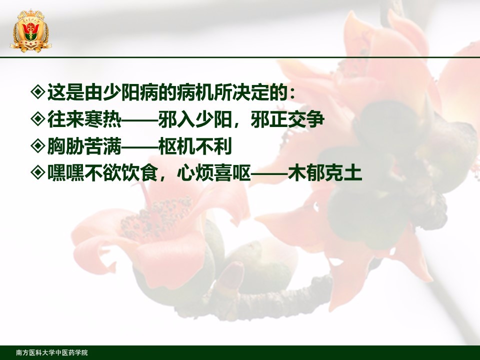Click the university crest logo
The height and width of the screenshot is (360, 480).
(x=30, y=30)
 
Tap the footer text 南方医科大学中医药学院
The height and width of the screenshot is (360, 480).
(x=52, y=352)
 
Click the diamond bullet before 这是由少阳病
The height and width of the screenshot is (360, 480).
(x=38, y=91)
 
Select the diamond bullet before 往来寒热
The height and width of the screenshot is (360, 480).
(x=38, y=118)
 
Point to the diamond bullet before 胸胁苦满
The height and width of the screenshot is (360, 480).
(x=38, y=145)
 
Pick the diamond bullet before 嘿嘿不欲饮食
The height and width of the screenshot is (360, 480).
(x=38, y=172)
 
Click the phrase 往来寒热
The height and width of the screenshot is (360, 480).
(x=84, y=119)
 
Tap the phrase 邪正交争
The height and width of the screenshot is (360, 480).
(x=287, y=119)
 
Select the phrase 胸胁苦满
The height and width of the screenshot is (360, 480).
(x=84, y=146)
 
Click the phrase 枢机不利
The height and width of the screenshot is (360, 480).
(x=195, y=146)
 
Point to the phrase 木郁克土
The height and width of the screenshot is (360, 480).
(x=324, y=173)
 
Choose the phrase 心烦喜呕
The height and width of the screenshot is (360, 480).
(x=213, y=173)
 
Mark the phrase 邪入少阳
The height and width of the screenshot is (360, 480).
(x=195, y=119)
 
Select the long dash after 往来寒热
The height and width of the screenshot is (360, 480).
(x=140, y=120)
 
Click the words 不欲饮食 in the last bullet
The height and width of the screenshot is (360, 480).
(x=121, y=173)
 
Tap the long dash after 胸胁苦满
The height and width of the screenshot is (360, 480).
(x=140, y=147)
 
